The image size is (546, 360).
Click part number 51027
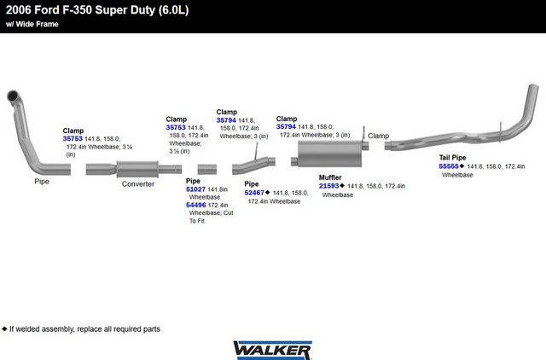coord(195,189)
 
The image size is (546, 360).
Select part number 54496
coord(195,205)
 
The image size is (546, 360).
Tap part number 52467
coord(254,193)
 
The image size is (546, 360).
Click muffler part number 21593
coord(328,186)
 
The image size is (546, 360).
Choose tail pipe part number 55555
coord(449,166)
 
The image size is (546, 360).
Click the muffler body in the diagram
coord(330,154)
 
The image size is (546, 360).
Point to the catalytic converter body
coord(137,169)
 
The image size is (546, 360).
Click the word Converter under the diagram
coord(138,184)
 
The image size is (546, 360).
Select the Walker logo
coord(272,350)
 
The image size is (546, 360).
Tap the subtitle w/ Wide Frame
coord(32,24)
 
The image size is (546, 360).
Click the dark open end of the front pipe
coord(13,95)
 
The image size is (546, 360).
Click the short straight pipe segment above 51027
coord(207,170)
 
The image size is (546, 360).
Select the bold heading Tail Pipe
coord(452,157)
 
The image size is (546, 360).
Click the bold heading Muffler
coord(330,177)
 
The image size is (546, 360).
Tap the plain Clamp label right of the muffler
coord(379,136)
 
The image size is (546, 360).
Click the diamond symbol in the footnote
coord(4,328)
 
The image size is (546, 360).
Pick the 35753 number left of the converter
coord(73,138)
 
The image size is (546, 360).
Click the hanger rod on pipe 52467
coord(257,151)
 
